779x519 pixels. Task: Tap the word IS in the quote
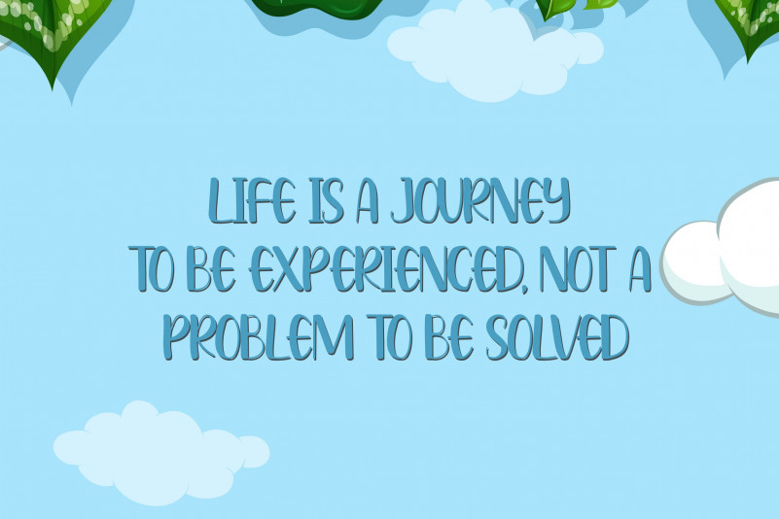pos(326,200)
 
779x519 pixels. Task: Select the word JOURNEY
pos(480,200)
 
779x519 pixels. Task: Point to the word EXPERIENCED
pos(384,268)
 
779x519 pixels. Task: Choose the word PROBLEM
pos(259,336)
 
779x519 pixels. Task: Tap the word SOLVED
pos(557,336)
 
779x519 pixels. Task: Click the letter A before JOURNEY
pos(367,200)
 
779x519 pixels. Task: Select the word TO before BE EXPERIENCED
pos(155,268)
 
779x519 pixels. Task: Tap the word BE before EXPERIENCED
pos(214,268)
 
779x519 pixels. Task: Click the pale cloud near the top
pos(495,50)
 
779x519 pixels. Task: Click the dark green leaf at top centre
pos(318,9)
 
